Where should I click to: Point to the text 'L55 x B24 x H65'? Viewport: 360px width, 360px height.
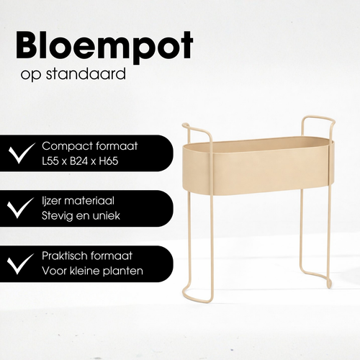tap(80, 161)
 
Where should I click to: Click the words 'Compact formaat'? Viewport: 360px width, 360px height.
tap(89, 145)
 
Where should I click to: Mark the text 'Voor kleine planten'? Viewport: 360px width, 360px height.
tap(92, 271)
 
